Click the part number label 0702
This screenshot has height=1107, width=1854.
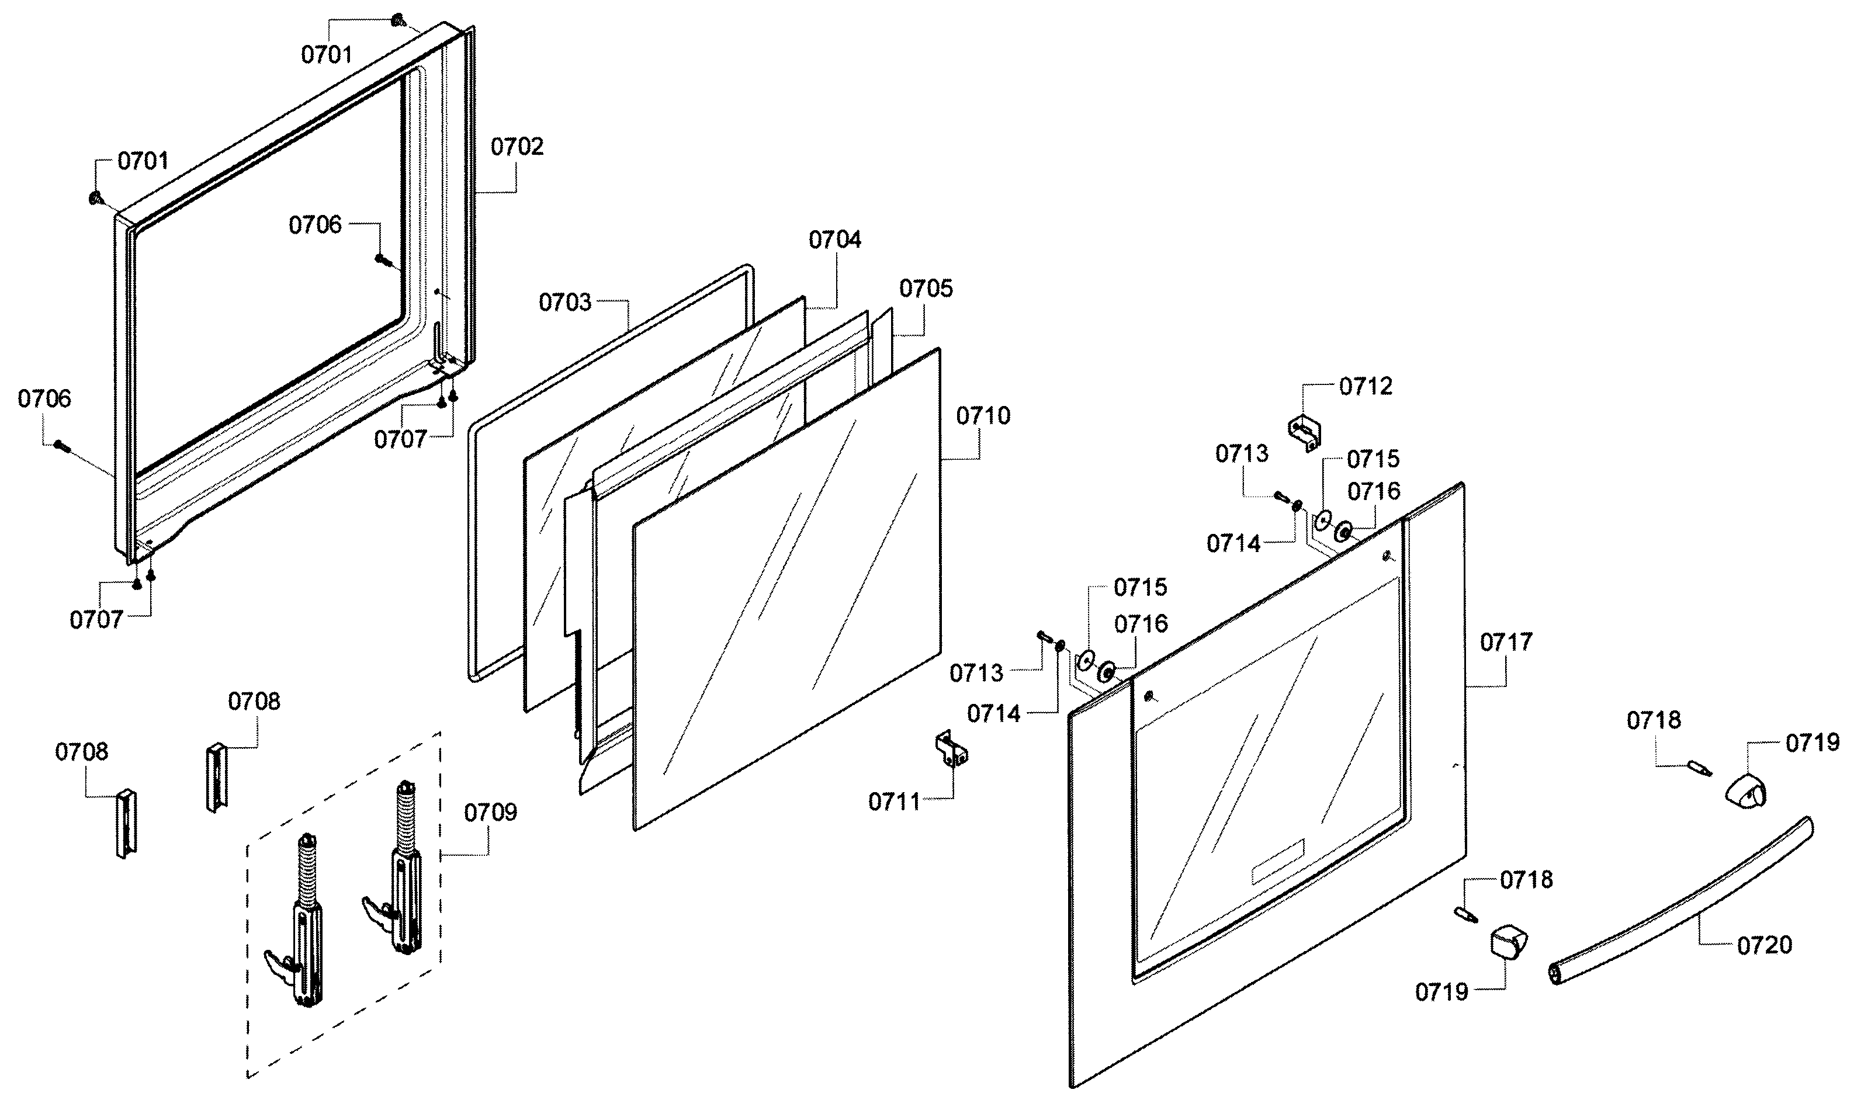click(x=517, y=147)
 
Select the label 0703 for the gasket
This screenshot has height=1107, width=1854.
click(x=565, y=303)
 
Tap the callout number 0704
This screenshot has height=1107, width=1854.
click(x=835, y=240)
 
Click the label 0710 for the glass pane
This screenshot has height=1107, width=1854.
click(x=983, y=417)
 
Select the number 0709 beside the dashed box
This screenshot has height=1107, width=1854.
click(x=490, y=813)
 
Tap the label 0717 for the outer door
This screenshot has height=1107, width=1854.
click(x=1506, y=642)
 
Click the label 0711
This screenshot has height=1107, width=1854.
click(x=894, y=803)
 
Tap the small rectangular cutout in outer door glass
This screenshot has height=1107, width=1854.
click(x=1277, y=862)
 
